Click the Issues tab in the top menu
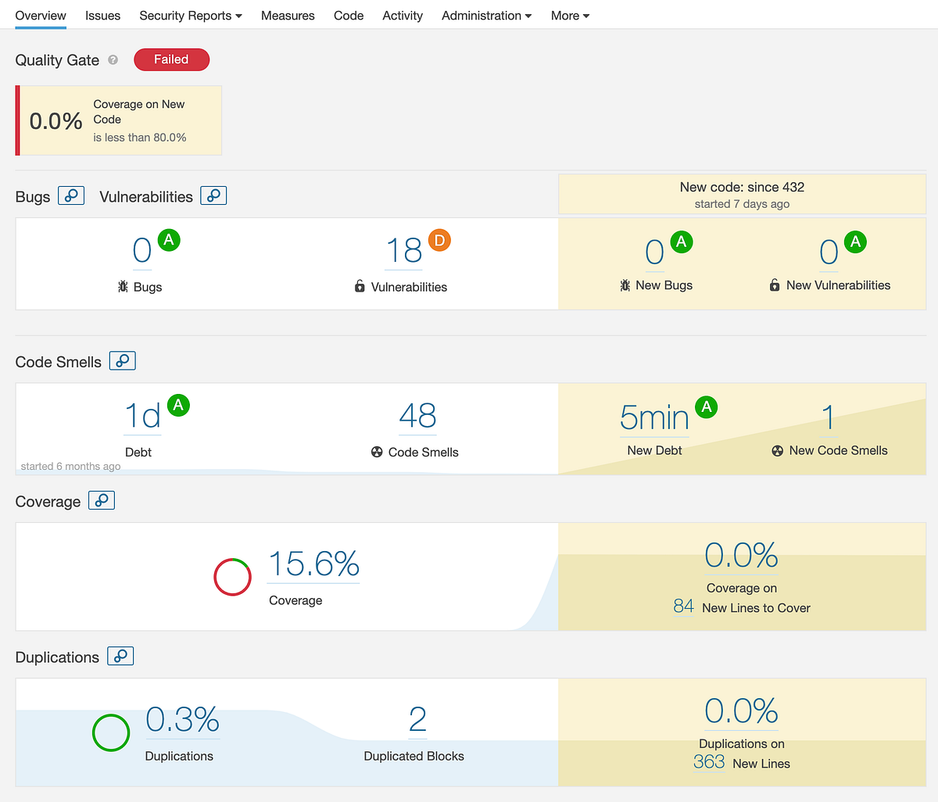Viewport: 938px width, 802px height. (102, 16)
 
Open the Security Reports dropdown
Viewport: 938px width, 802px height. (191, 16)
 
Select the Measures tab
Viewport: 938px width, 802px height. (288, 16)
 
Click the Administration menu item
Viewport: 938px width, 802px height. (486, 16)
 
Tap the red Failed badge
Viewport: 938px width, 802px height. (171, 59)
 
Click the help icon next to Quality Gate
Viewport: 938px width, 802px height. (113, 60)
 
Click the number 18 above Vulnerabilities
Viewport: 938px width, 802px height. (403, 251)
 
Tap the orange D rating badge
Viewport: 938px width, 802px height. (439, 241)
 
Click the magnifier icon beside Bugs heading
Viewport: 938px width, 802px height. (71, 195)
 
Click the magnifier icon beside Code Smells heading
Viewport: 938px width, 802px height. (122, 360)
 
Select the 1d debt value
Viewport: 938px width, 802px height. (142, 416)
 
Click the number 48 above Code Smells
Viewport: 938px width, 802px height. (417, 416)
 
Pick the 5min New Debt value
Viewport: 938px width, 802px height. (654, 417)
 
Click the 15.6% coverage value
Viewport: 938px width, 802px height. (313, 564)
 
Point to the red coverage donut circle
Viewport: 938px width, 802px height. (232, 578)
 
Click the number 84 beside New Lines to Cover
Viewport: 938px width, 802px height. (683, 607)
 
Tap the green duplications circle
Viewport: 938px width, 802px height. (111, 733)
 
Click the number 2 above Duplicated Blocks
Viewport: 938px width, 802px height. (417, 719)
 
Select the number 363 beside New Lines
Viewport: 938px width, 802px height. (709, 762)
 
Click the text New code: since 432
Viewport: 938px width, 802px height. (742, 187)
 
